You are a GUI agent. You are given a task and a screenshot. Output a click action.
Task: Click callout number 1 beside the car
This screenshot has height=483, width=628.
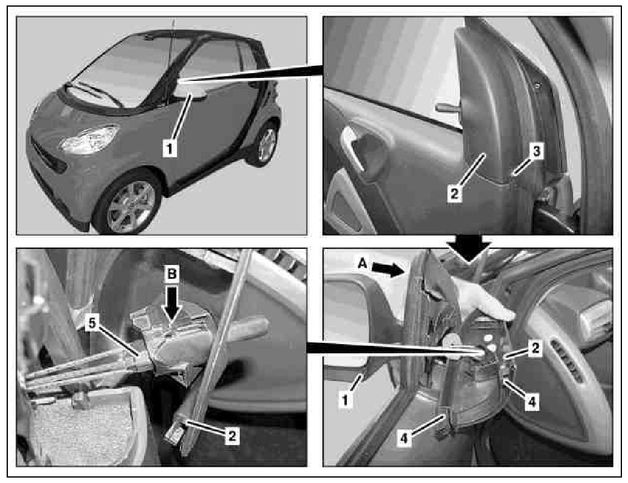point(170,149)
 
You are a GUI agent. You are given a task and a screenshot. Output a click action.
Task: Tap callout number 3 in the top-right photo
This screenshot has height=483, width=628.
point(536,152)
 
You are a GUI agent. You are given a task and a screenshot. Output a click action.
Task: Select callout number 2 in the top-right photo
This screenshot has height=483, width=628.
point(454,194)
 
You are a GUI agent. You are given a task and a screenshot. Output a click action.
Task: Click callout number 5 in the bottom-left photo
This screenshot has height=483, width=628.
point(92,323)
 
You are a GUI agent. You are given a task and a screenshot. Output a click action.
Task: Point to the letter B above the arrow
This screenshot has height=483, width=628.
point(172,273)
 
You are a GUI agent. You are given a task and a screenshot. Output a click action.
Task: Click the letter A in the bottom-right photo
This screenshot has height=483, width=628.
point(362,263)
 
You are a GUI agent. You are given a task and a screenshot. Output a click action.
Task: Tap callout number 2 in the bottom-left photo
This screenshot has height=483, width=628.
point(232,436)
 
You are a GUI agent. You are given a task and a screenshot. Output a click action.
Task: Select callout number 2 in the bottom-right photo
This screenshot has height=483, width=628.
point(536,348)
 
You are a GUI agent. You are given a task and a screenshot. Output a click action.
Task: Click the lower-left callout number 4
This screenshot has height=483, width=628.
point(404,439)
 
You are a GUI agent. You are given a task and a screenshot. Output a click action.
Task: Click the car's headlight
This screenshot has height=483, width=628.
point(89,139)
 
